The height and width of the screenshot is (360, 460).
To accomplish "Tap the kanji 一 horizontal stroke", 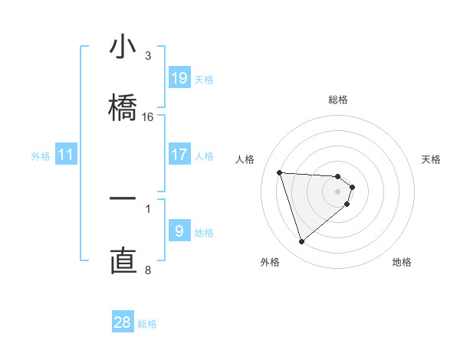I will tap(123, 198).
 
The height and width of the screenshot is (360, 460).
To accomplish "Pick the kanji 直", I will tap(123, 259).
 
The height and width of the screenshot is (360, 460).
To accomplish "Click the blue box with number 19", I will tap(179, 78).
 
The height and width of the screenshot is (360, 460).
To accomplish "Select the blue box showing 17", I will tap(179, 155).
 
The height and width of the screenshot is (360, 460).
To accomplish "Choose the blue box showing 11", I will tap(67, 155).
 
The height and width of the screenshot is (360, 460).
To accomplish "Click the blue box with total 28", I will tap(123, 322).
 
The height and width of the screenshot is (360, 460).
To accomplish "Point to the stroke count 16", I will tap(148, 117).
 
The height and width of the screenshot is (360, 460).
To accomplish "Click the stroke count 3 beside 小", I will tap(148, 56).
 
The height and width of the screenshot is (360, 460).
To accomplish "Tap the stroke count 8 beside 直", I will tap(148, 270).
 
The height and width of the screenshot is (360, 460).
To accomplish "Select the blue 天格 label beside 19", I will tap(204, 79).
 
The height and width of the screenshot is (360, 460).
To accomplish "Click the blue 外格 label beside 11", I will tap(41, 155).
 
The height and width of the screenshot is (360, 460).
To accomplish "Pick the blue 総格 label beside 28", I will tap(147, 323).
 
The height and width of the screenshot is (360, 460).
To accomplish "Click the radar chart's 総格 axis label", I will tap(338, 100).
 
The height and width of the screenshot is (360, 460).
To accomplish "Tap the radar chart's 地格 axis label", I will tap(402, 262).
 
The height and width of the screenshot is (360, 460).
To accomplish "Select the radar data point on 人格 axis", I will tap(280, 172).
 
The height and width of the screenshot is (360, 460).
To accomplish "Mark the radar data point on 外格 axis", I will tap(301, 242).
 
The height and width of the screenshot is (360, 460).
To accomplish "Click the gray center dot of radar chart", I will tap(338, 191).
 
